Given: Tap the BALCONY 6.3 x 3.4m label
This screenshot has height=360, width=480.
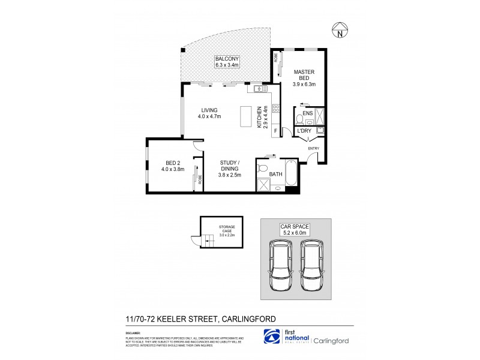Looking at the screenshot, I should pos(226,62).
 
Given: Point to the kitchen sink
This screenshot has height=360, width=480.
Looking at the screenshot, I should pos(260,89).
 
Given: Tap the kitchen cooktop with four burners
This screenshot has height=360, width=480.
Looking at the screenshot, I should pos(276,109).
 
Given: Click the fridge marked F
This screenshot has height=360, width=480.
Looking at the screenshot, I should pos(275,131).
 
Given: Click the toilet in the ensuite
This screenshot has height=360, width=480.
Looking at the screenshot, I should pos(299,118).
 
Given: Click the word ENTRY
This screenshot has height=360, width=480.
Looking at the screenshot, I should pos(314,148).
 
